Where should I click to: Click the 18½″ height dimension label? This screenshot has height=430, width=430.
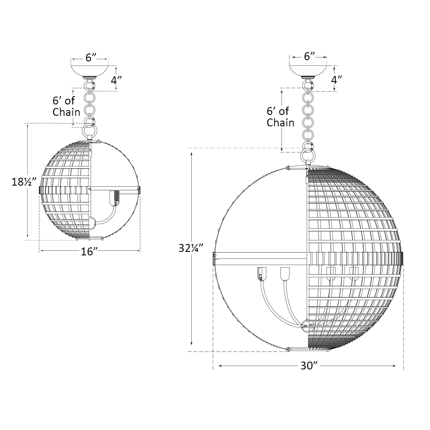click(24, 182)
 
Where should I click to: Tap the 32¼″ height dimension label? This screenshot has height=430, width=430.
click(190, 248)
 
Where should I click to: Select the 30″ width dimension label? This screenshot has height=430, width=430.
click(309, 365)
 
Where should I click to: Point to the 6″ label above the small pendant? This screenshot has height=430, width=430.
click(91, 57)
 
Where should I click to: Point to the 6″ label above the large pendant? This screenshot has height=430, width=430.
click(310, 56)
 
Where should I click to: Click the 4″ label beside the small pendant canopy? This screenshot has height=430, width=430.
click(116, 80)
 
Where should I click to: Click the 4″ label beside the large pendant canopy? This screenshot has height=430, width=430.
click(337, 80)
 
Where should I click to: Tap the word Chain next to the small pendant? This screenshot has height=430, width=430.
click(66, 112)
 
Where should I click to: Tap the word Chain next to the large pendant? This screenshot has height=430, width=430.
click(280, 122)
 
